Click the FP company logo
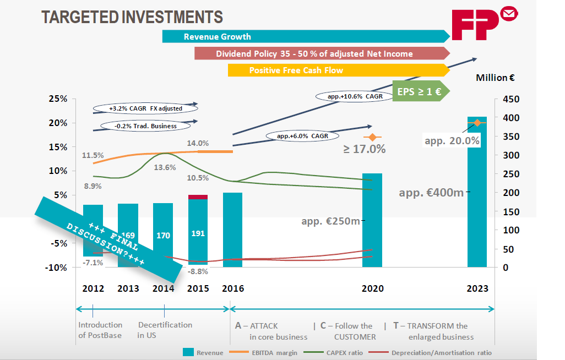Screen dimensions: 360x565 [483, 24]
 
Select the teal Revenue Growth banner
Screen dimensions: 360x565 [306, 37]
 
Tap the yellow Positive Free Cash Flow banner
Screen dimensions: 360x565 [338, 70]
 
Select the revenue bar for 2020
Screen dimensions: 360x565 [372, 220]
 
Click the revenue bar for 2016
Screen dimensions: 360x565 [232, 230]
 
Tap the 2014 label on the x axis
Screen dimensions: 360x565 [164, 288]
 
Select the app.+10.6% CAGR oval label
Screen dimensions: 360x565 [356, 96]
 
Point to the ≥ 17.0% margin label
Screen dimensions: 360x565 [365, 149]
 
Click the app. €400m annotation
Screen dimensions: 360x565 [431, 193]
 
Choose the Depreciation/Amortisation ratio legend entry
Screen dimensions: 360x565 [434, 352]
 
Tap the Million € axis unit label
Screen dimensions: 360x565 [495, 78]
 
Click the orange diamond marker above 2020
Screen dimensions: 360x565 [372, 137]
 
